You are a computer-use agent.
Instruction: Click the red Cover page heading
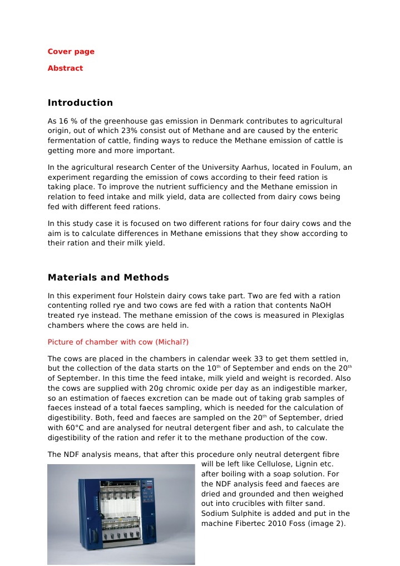[71, 52]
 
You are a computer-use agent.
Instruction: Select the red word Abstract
[65, 68]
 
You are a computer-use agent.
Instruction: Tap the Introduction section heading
[80, 103]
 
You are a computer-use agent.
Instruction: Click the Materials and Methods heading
[108, 278]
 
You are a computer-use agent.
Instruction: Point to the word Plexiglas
[327, 316]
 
